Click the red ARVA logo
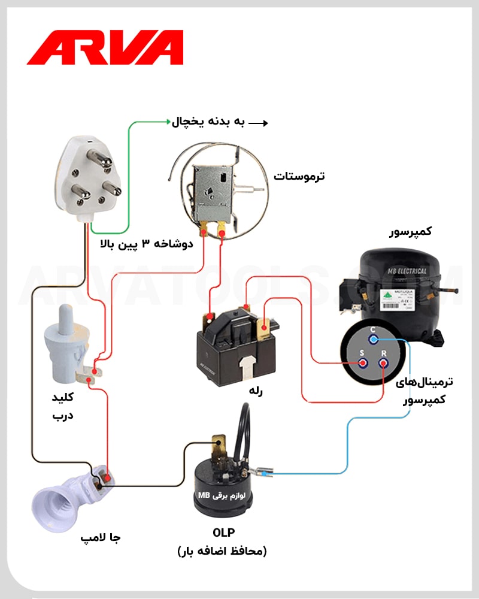(x=105, y=48)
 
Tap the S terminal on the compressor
(x=362, y=363)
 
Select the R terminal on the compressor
(x=383, y=363)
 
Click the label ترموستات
(x=299, y=176)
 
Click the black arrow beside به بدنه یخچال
(x=258, y=123)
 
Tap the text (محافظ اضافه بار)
(x=222, y=551)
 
